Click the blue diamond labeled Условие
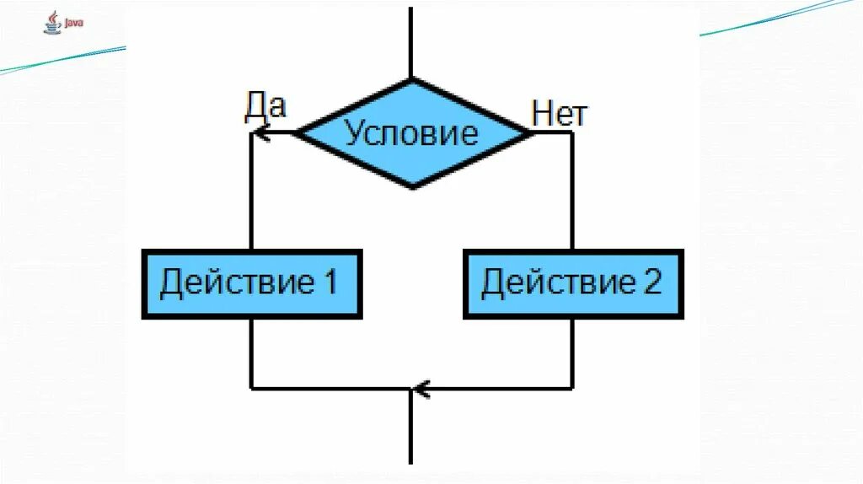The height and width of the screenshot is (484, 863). (x=413, y=133)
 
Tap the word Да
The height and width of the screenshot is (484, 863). (x=265, y=106)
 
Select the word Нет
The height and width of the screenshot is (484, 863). (x=559, y=114)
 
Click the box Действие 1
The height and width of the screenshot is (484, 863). (x=252, y=283)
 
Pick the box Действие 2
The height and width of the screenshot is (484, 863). (x=573, y=283)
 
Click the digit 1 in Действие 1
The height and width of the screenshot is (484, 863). (x=329, y=282)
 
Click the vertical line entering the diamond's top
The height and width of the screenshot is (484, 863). (x=410, y=42)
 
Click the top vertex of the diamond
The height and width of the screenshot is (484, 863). (x=411, y=80)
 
